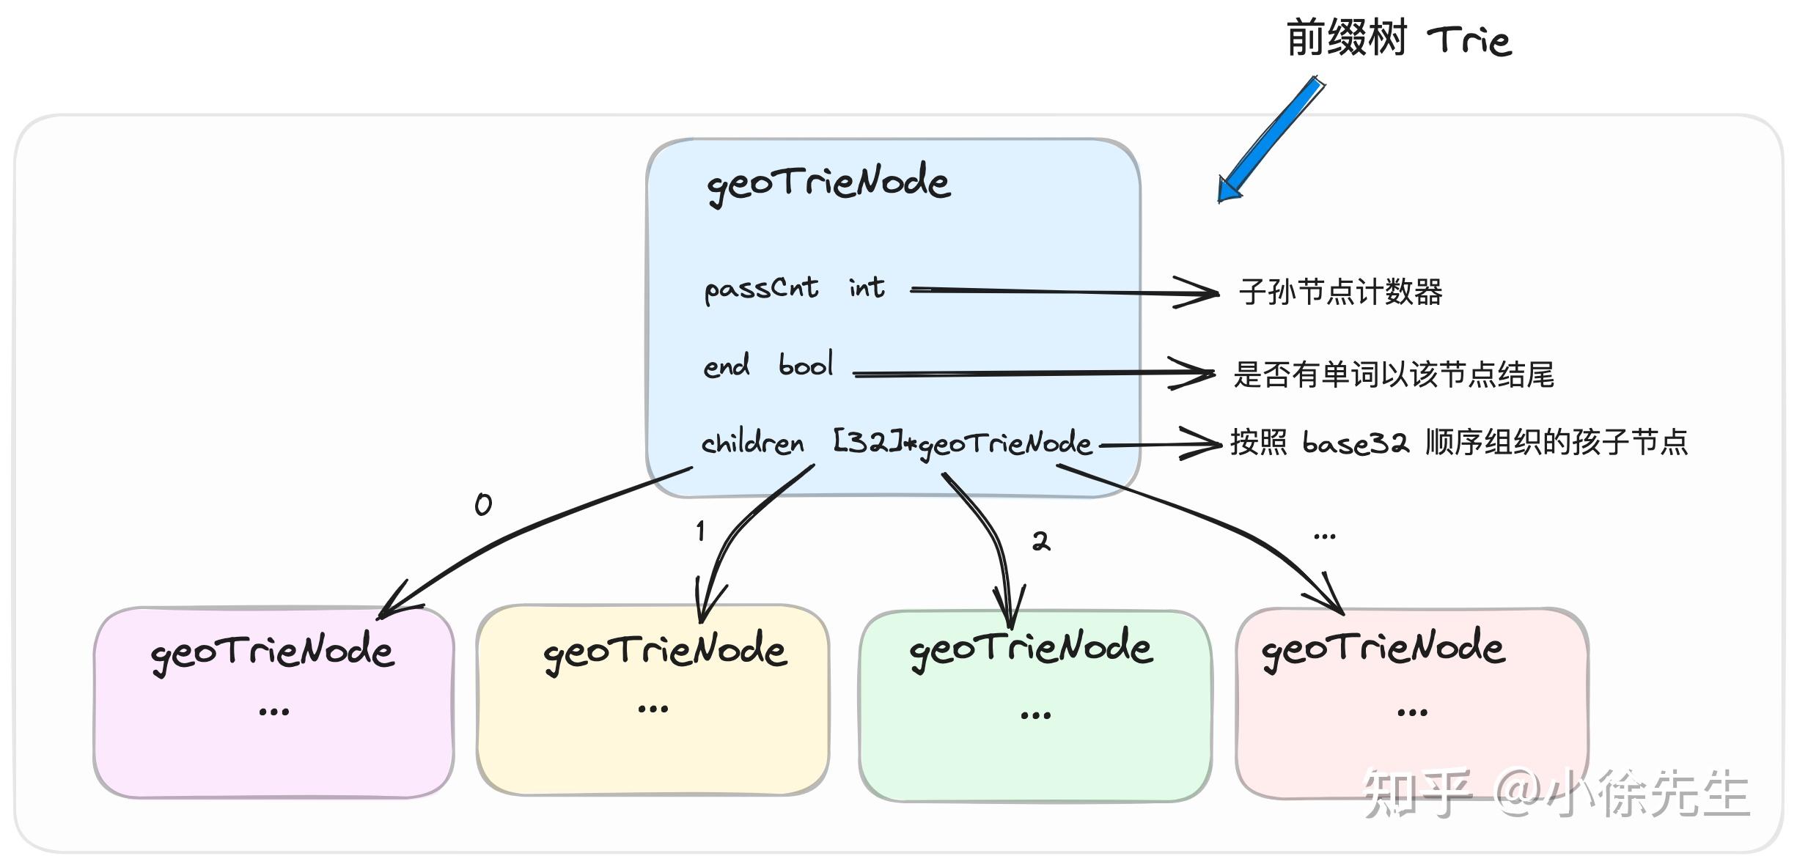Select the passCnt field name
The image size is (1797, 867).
coord(761,289)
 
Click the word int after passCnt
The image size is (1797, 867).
coord(867,287)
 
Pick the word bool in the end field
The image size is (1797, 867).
coord(805,364)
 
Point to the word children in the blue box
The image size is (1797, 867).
coord(752,443)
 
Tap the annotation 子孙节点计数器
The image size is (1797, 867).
coord(1340,292)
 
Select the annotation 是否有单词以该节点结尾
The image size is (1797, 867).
coord(1393,375)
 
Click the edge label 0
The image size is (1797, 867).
coord(483,504)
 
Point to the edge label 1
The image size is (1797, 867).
coord(700,531)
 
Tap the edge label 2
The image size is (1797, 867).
coord(1040,542)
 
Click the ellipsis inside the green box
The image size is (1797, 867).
coord(1035,715)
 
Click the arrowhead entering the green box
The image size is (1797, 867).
coord(1010,612)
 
